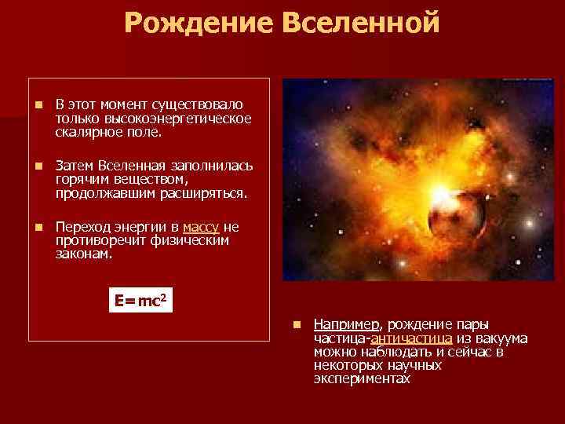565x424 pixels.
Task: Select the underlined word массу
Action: (x=201, y=228)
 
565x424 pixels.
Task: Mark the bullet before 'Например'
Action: (x=297, y=324)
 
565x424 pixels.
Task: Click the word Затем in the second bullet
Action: (x=75, y=166)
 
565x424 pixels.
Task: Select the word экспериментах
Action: (x=362, y=379)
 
